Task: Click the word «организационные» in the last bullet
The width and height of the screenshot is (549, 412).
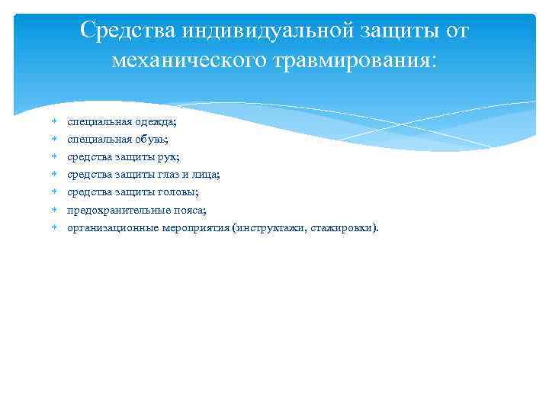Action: pyautogui.click(x=113, y=227)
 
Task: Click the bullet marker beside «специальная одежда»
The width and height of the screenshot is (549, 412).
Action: pyautogui.click(x=55, y=121)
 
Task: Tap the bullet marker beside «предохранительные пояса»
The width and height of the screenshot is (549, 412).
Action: pyautogui.click(x=55, y=209)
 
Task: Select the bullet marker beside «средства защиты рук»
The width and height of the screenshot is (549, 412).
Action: pyautogui.click(x=55, y=156)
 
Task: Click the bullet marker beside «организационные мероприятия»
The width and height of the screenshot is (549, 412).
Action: pyautogui.click(x=55, y=227)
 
